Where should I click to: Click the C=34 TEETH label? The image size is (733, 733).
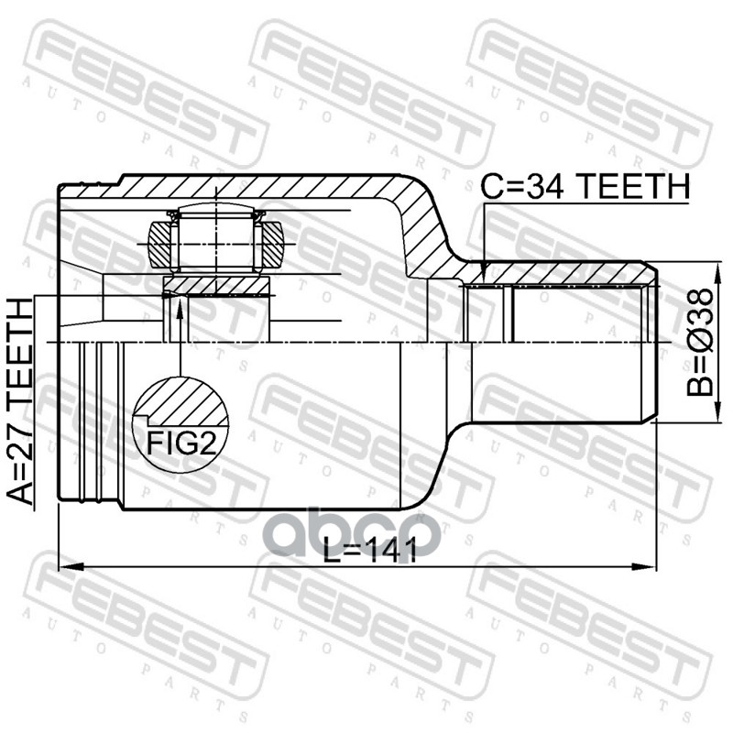[x=584, y=187]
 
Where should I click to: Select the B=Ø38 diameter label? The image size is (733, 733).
[x=700, y=342]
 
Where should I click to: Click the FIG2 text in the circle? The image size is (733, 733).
[x=181, y=443]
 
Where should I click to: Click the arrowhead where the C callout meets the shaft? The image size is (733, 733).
[x=483, y=274]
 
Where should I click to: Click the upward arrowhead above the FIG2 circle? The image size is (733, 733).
[x=180, y=303]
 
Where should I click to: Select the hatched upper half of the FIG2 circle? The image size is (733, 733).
[x=180, y=396]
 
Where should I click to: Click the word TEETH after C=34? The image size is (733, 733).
[x=632, y=187]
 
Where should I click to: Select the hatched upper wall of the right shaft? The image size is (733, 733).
[x=559, y=274]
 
